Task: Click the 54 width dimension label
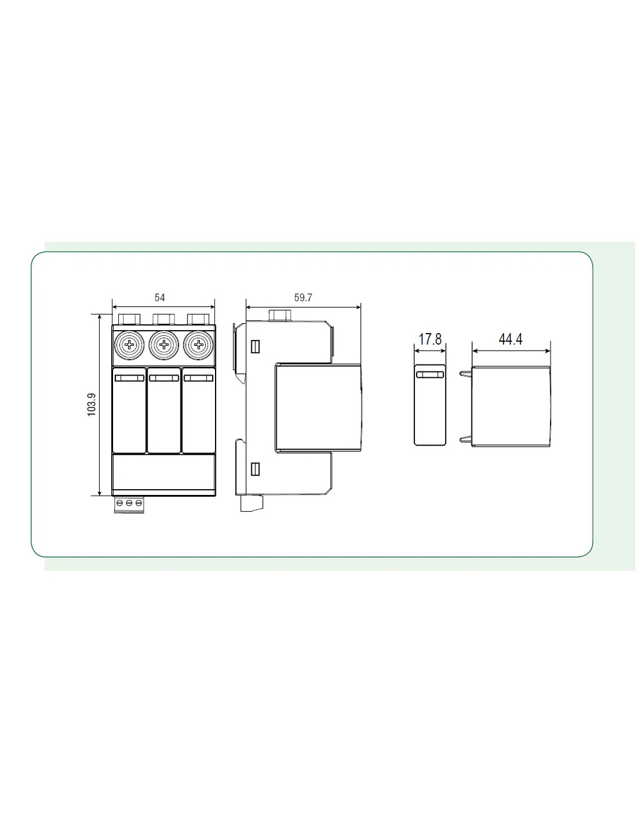160,298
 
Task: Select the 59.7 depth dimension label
303,298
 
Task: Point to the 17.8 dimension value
429,339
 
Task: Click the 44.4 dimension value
510,339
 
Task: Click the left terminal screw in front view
129,345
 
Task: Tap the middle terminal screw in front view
164,345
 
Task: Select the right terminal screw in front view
198,345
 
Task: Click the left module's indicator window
129,378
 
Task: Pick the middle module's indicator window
164,378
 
